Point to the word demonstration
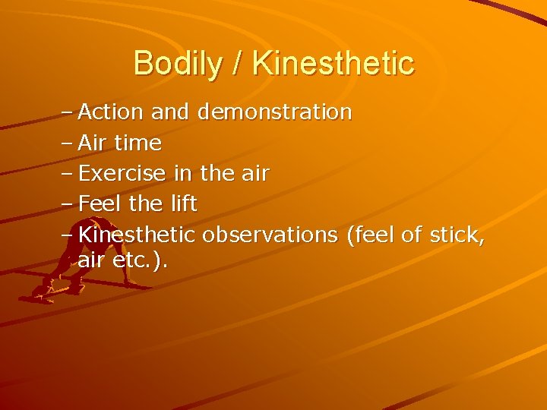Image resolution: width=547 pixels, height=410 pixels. click(274, 112)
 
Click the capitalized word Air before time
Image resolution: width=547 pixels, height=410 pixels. click(95, 143)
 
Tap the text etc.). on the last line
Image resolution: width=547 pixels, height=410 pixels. click(141, 261)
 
